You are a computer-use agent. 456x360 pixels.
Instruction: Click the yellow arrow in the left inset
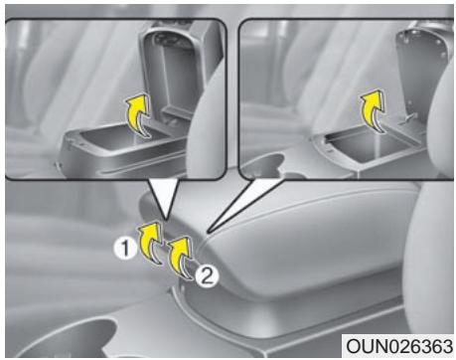click(x=141, y=123)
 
